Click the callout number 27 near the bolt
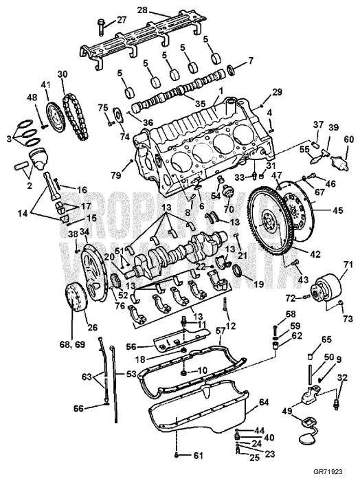point(122,20)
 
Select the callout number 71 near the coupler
point(328,263)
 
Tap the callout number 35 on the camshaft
point(200,104)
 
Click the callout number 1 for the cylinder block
point(221,90)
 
